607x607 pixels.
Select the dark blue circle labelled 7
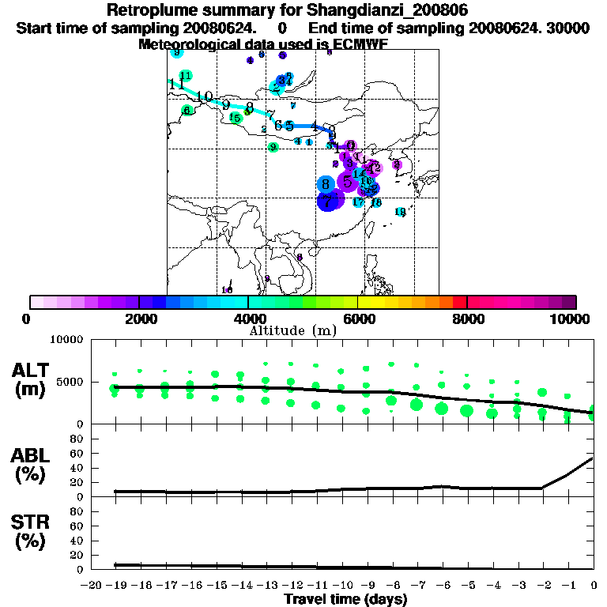click(328, 202)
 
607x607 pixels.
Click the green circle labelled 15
click(236, 118)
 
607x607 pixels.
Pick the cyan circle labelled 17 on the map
click(358, 202)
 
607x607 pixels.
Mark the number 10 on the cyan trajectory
click(205, 96)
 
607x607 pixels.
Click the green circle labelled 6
click(187, 111)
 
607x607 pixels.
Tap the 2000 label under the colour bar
click(138, 319)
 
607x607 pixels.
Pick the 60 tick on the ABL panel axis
click(77, 453)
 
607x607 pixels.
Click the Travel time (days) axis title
click(345, 599)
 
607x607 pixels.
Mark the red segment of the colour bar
click(459, 302)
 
